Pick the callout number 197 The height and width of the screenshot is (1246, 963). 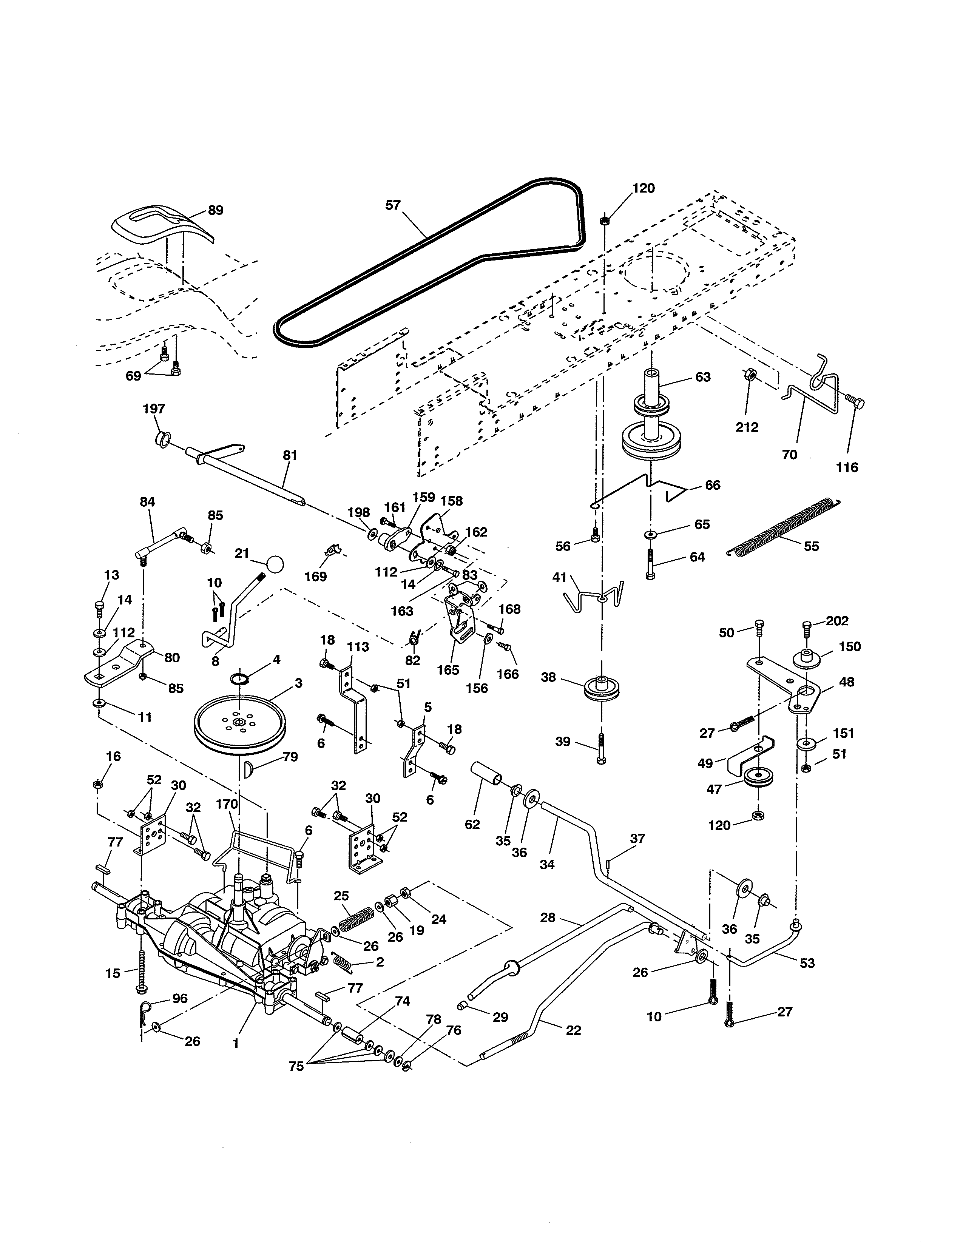pos(154,409)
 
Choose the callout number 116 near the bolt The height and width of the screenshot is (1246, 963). pos(847,467)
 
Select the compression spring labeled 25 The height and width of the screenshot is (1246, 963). pos(356,919)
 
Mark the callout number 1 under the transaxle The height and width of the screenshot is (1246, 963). pos(236,1044)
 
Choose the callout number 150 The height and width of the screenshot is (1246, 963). pos(849,646)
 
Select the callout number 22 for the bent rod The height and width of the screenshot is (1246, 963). pos(573,1030)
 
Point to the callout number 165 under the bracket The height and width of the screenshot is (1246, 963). pos(448,670)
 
